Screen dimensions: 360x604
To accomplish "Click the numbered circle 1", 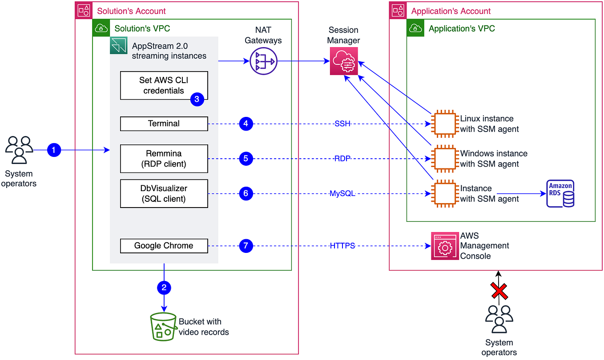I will click(x=54, y=151).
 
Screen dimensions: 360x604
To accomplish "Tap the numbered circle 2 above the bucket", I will click(x=164, y=288).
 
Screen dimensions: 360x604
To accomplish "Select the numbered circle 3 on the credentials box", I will click(x=197, y=100).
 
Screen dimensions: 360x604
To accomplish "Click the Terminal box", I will click(x=164, y=124).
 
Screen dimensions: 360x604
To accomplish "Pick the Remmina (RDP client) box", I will click(x=164, y=159).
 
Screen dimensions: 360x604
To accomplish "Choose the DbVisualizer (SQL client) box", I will click(x=164, y=193).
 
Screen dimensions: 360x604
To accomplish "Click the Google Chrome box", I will click(x=164, y=246).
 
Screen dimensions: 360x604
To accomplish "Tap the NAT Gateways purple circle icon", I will click(x=264, y=61).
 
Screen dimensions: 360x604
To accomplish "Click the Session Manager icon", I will click(x=344, y=62).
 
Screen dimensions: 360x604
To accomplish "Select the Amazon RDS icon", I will click(x=560, y=193).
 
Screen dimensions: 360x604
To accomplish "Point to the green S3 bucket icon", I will click(x=162, y=327).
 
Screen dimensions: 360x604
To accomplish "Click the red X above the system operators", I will click(x=499, y=292).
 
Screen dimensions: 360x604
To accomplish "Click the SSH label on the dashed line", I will click(x=342, y=124).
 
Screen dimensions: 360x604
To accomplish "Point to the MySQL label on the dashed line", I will click(x=342, y=193).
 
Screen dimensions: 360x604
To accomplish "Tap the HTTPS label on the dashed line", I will click(x=342, y=246).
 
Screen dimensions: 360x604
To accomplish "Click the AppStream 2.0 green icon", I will click(x=119, y=46).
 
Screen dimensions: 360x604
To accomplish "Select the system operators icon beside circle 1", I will click(x=19, y=150).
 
